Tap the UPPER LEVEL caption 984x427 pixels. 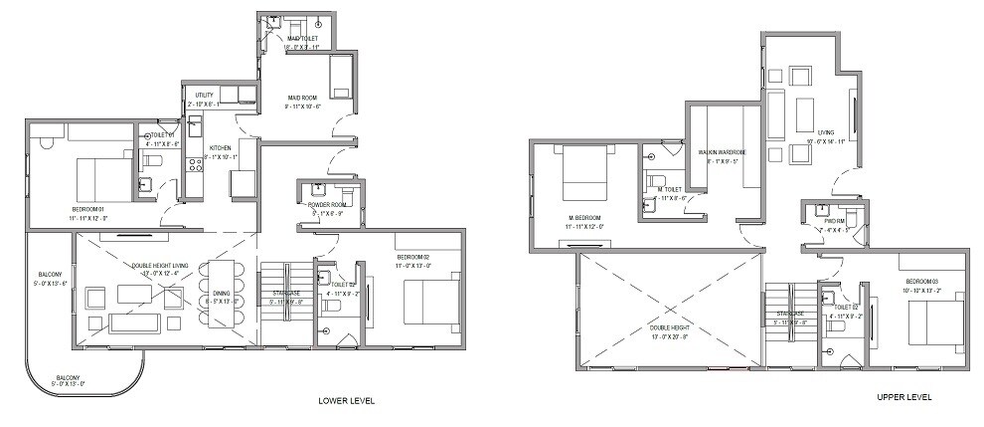tap(903, 397)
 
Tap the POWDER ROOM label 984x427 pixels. tap(326, 204)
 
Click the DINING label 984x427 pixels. tap(222, 293)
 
